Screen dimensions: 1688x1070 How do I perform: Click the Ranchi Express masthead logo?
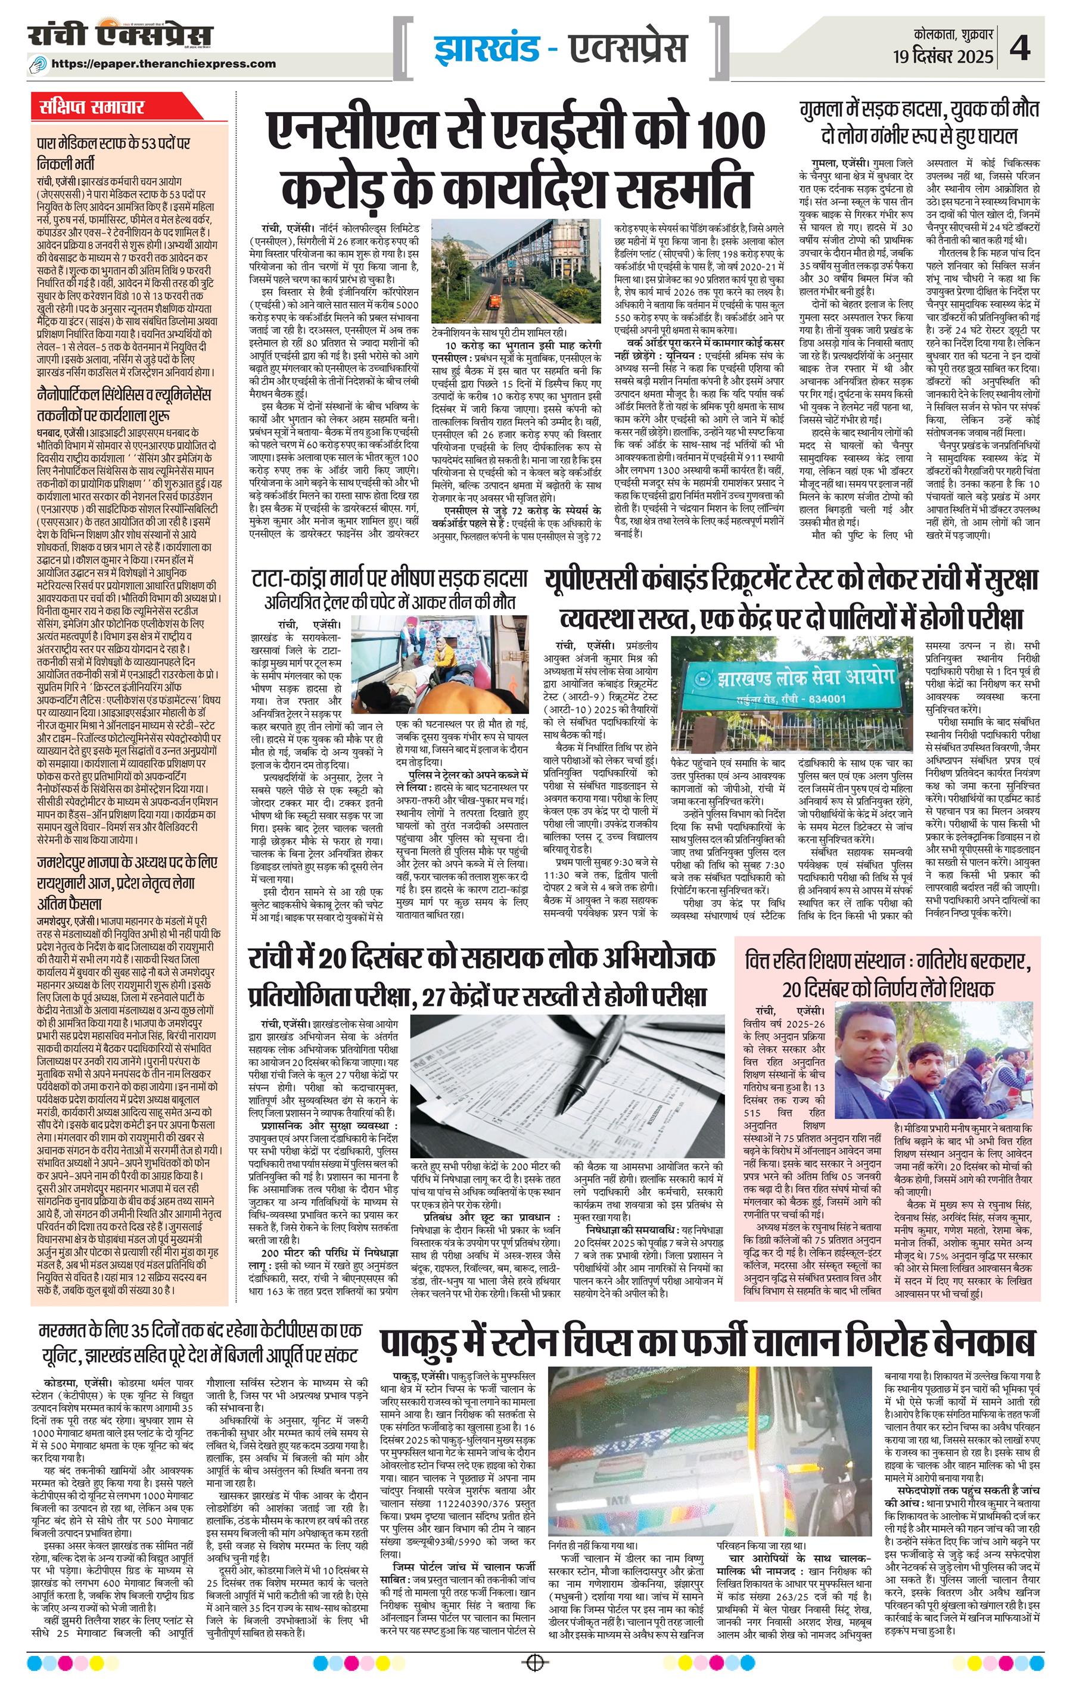coord(119,36)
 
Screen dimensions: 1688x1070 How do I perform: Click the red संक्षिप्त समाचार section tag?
coord(92,107)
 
